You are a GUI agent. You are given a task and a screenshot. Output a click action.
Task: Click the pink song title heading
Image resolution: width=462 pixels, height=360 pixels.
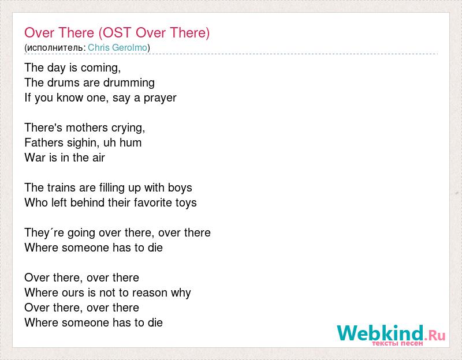tap(117, 33)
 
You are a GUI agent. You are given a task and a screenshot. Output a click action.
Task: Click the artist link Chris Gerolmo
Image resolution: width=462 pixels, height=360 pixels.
tap(117, 47)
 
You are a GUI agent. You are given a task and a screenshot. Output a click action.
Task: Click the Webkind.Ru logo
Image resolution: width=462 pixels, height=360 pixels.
tap(391, 335)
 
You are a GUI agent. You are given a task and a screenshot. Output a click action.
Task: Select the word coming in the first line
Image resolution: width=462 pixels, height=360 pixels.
tap(100, 68)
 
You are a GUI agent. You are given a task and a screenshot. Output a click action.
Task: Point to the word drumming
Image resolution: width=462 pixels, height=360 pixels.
tap(129, 82)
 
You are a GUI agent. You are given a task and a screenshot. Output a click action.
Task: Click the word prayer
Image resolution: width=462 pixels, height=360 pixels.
tap(160, 98)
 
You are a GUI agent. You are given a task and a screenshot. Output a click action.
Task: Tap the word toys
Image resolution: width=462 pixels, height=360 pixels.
tap(185, 203)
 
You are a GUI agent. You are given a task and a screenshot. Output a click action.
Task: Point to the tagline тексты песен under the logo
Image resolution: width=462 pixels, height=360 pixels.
tap(397, 343)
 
